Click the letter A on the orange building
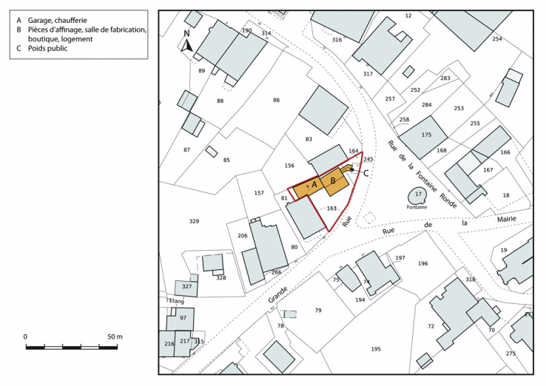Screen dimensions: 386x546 coord(314,184)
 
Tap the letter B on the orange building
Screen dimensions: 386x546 coord(333,180)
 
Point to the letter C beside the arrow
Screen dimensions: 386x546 coord(365,173)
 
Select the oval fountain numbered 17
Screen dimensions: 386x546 coord(417,195)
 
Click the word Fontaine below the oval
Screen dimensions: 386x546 coord(417,208)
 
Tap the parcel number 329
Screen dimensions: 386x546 coord(194,222)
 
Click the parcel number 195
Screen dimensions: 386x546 coord(376,349)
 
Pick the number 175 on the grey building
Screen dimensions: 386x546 coord(426,135)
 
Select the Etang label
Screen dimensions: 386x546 coord(176,301)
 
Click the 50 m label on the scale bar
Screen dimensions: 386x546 coord(114,336)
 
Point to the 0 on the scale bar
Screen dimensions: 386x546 coord(25,336)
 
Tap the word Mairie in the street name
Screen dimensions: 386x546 coord(507,220)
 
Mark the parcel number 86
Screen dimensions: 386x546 coord(276,100)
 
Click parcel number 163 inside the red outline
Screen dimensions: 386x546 coord(331,209)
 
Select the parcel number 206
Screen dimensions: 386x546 coord(242,235)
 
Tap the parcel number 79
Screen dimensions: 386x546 coord(318,311)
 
